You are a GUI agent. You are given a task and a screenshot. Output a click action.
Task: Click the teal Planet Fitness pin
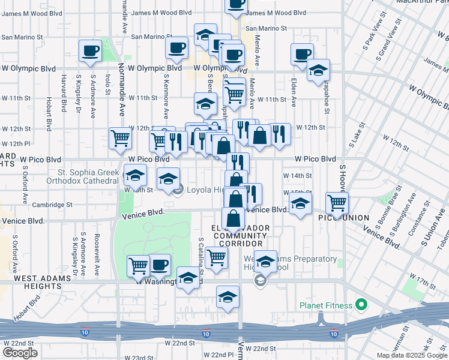tap(361, 305)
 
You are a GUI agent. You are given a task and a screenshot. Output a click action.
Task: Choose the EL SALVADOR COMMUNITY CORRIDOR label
tap(237, 236)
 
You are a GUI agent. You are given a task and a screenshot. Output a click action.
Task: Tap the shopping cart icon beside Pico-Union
tap(337, 203)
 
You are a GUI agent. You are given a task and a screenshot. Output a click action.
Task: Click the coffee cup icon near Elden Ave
tap(302, 54)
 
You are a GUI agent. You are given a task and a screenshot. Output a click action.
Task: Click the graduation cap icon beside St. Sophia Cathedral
tap(135, 176)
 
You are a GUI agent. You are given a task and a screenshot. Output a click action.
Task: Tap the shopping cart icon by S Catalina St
tap(216, 257)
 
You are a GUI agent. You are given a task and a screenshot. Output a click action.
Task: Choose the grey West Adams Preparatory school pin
tap(260, 281)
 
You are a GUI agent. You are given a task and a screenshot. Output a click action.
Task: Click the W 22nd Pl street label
tap(217, 355)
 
